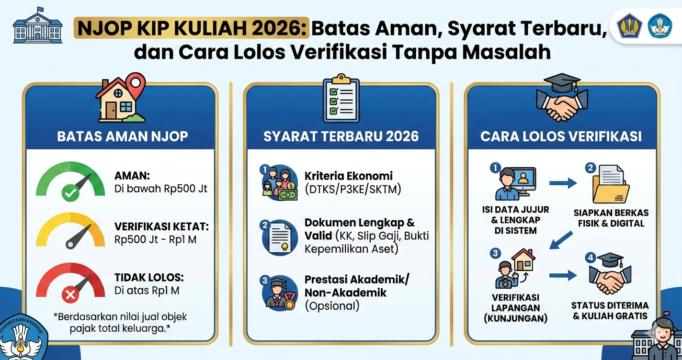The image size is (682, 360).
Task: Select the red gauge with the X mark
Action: click(71, 282)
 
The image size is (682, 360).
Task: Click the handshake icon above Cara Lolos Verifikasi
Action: click(561, 103)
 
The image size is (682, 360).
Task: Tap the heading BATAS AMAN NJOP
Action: click(123, 136)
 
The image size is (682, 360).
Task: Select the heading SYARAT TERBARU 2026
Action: click(341, 136)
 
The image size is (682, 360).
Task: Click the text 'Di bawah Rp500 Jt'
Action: click(161, 189)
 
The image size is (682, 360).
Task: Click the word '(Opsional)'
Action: click(332, 305)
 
